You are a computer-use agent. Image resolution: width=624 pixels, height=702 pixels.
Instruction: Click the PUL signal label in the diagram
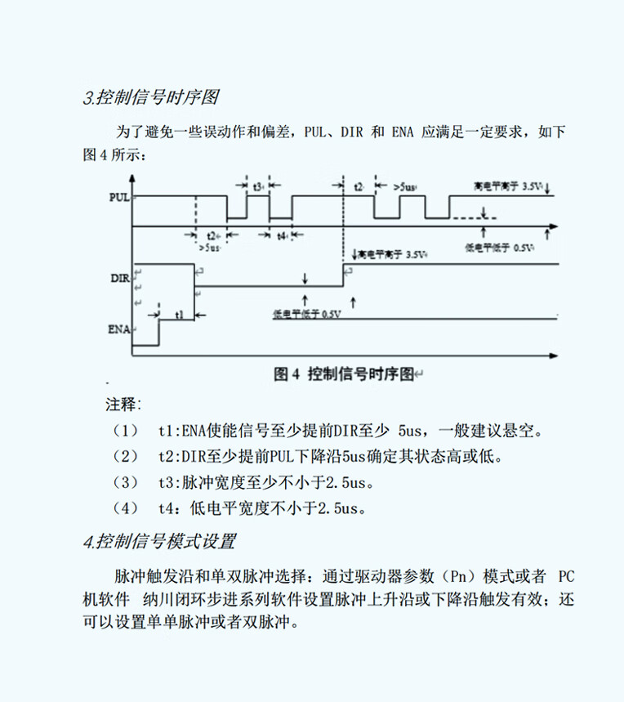click(118, 197)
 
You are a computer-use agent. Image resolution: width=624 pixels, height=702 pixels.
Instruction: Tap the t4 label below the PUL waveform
click(282, 236)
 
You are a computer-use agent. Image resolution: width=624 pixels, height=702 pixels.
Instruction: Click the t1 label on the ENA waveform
click(180, 314)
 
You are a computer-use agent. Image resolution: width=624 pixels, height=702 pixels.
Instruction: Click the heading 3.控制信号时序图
click(151, 98)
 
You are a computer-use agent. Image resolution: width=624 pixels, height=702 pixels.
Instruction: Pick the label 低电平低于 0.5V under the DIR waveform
click(307, 314)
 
